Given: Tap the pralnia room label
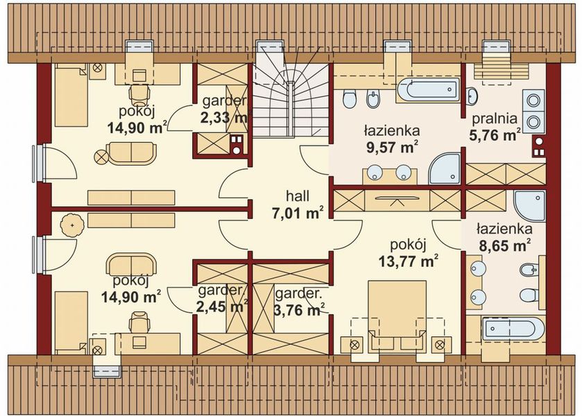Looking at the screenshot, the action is pyautogui.click(x=495, y=119).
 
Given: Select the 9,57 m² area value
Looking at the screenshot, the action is pyautogui.click(x=393, y=147).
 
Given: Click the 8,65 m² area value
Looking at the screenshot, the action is pyautogui.click(x=504, y=245).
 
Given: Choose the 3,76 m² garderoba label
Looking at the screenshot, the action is pyautogui.click(x=299, y=302).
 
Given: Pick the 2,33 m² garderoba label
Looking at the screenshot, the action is pyautogui.click(x=224, y=110).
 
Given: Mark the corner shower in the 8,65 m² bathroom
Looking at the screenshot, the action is pyautogui.click(x=529, y=207).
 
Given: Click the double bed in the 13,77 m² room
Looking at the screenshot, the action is pyautogui.click(x=397, y=315).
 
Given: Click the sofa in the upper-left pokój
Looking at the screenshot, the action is pyautogui.click(x=131, y=153).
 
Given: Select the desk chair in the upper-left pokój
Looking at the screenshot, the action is pyautogui.click(x=139, y=94).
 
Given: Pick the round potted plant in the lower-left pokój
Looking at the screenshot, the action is pyautogui.click(x=72, y=225).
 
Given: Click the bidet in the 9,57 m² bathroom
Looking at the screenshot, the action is pyautogui.click(x=373, y=98).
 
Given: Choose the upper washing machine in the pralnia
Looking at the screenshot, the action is pyautogui.click(x=534, y=101).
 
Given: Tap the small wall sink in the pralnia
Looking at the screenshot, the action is pyautogui.click(x=472, y=96).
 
